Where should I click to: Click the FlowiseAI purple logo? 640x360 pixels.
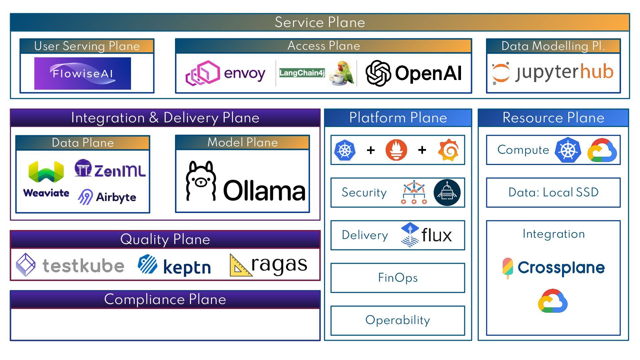coord(82,73)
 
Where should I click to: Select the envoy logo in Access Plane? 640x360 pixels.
coord(225,73)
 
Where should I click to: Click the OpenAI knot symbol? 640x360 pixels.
coord(378,73)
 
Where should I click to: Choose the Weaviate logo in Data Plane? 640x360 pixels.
coord(46,179)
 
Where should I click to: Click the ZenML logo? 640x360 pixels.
coord(110,169)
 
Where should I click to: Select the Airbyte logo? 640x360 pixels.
coord(107,197)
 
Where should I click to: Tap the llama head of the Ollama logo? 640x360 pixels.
coord(201,180)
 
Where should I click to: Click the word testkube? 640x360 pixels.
coord(83,266)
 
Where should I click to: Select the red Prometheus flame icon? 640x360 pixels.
coord(396,150)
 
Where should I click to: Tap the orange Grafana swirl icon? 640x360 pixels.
coord(449,150)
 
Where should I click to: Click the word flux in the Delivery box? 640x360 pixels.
coord(436,235)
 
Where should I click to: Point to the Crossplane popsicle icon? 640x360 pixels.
coord(507,267)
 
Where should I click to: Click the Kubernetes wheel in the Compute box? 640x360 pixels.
coord(568,150)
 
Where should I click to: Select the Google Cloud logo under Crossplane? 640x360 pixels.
coord(553,301)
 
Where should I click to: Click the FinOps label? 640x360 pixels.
coord(398,278)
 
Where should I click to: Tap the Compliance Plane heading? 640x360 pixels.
coord(165,299)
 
